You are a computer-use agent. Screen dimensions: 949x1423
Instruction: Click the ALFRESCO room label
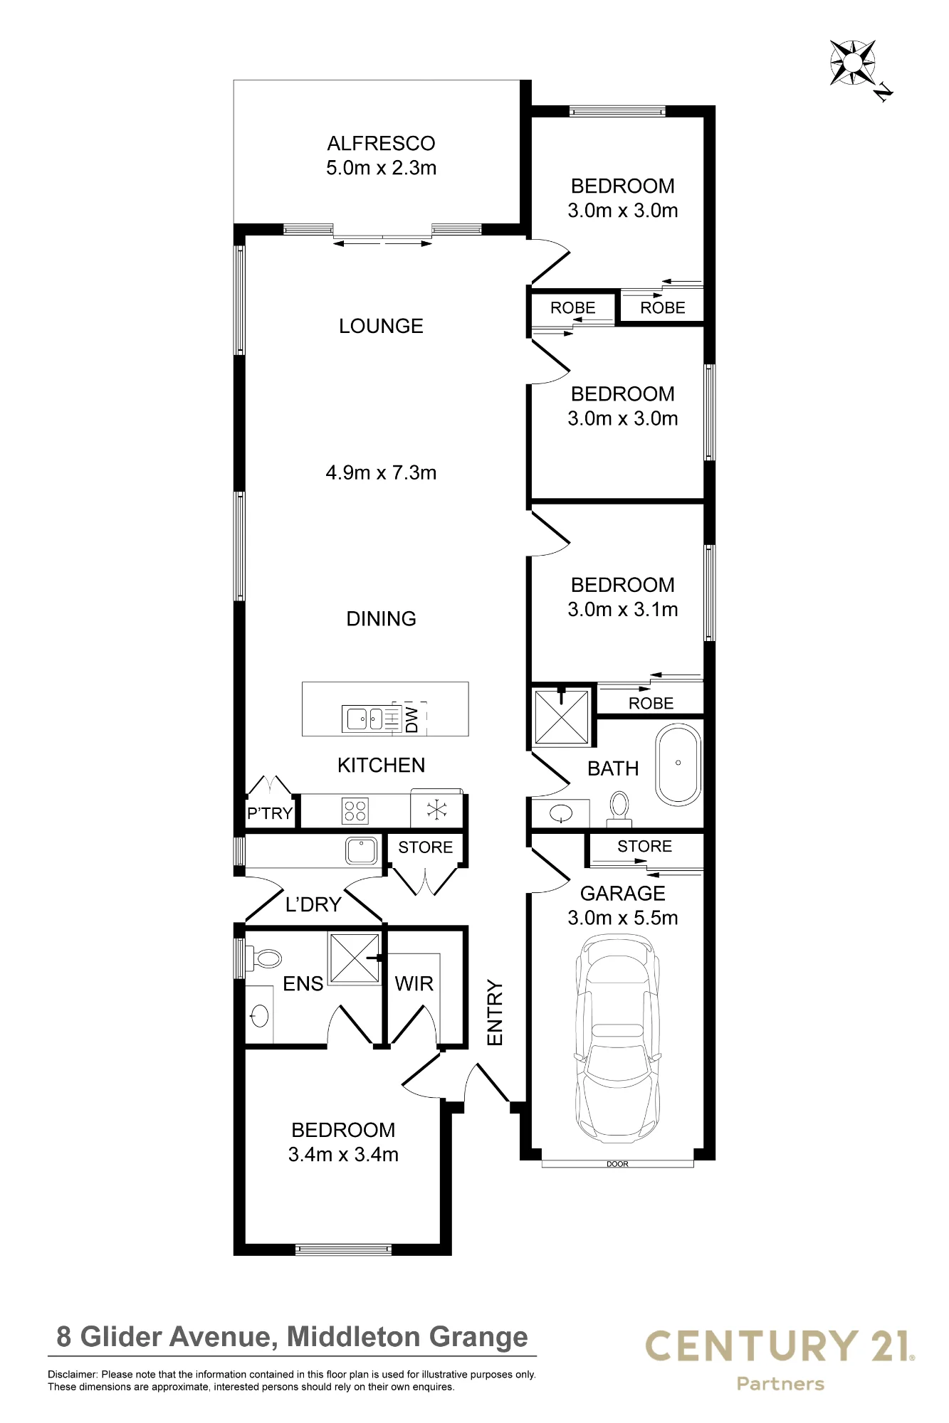tap(381, 143)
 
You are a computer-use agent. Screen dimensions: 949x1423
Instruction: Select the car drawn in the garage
tap(617, 1040)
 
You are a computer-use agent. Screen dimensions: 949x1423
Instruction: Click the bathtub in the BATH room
tap(678, 765)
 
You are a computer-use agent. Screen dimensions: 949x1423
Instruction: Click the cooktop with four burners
tap(355, 811)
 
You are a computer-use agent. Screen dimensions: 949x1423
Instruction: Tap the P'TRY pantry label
tap(270, 813)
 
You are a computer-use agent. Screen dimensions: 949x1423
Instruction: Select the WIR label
tap(414, 983)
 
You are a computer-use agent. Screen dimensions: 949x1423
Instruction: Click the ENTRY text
tap(495, 1013)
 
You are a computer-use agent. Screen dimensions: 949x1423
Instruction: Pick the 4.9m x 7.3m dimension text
tap(381, 472)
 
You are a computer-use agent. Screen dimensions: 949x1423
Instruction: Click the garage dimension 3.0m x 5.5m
tap(623, 918)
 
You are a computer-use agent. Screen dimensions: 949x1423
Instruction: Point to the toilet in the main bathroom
tap(619, 810)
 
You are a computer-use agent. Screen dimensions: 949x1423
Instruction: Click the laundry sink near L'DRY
tap(362, 851)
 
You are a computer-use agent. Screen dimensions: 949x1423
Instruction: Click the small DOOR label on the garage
tap(617, 1164)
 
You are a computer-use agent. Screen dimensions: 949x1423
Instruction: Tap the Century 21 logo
tap(780, 1360)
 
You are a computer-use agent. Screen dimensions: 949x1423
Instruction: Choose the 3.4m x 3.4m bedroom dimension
tap(343, 1154)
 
